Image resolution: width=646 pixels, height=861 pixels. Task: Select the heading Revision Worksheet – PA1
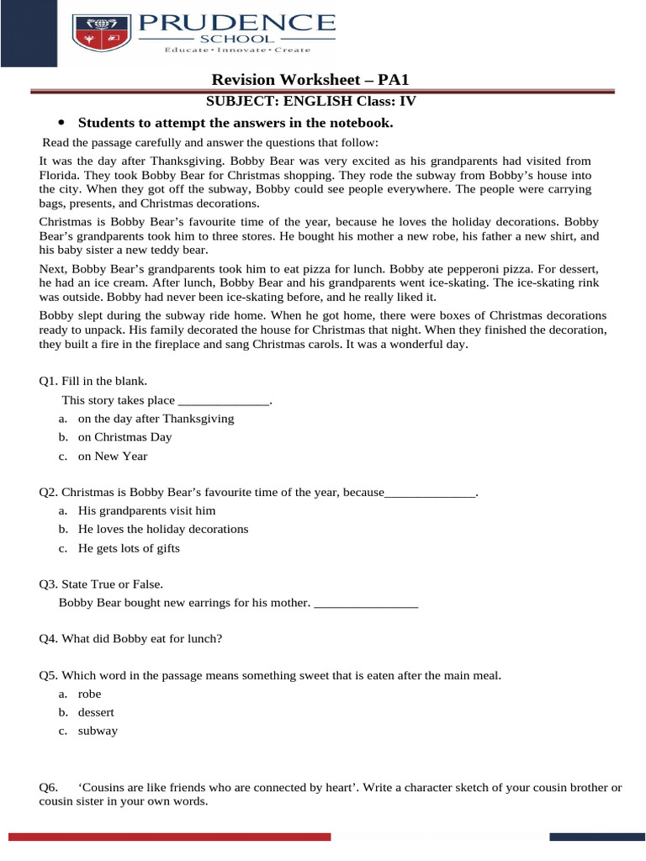pyautogui.click(x=310, y=80)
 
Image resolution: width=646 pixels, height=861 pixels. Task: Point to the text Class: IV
pyautogui.click(x=386, y=101)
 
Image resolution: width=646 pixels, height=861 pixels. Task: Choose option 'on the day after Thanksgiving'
pyautogui.click(x=156, y=418)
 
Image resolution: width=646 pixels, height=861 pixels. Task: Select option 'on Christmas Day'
pyautogui.click(x=124, y=437)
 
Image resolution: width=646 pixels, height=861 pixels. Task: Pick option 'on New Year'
pyautogui.click(x=113, y=457)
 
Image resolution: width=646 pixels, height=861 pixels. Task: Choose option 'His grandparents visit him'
pyautogui.click(x=146, y=510)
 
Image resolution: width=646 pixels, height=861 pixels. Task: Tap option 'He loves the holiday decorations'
pyautogui.click(x=163, y=530)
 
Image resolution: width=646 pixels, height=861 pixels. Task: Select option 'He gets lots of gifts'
pyautogui.click(x=129, y=548)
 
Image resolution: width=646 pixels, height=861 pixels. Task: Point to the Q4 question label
pyautogui.click(x=49, y=639)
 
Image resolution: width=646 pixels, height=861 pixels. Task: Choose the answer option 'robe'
pyautogui.click(x=89, y=694)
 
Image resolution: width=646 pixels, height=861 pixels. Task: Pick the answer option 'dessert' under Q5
pyautogui.click(x=96, y=712)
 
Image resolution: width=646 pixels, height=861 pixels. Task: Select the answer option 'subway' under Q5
pyautogui.click(x=98, y=731)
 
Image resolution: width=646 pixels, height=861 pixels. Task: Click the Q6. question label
pyautogui.click(x=49, y=787)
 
